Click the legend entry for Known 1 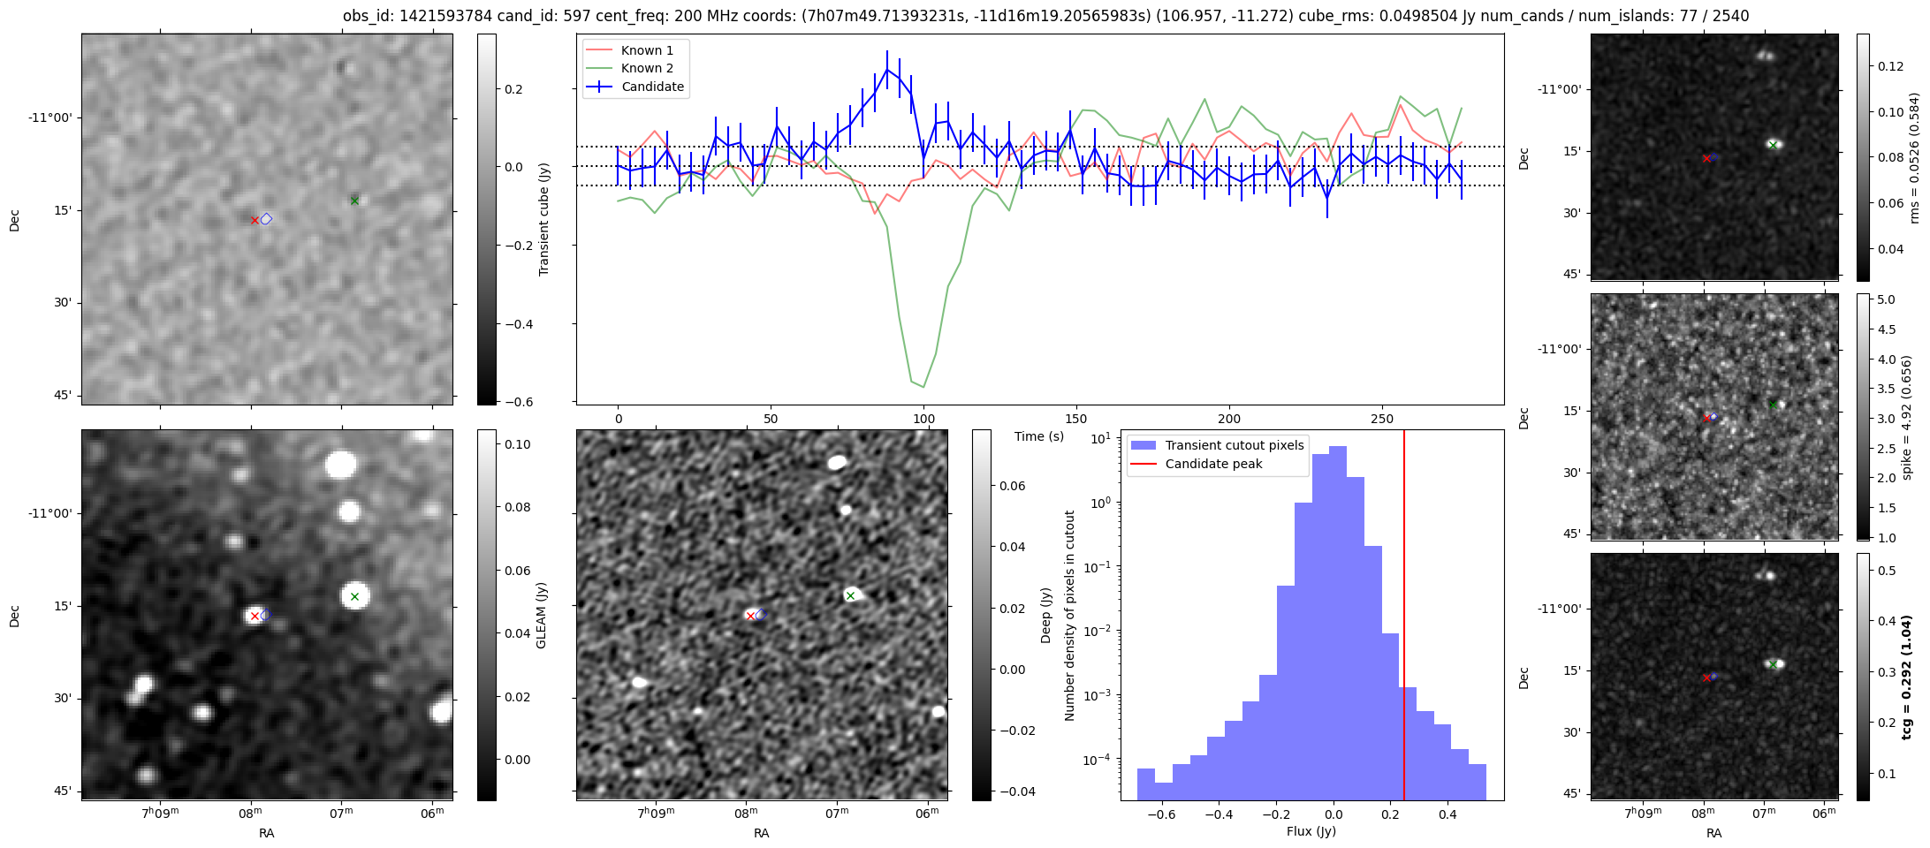click(x=646, y=50)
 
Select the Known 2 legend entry click(x=646, y=68)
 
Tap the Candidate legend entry click(x=652, y=87)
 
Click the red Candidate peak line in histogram click(x=1404, y=618)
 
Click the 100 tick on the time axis click(x=923, y=419)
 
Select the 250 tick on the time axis click(x=1381, y=419)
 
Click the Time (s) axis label click(x=1038, y=436)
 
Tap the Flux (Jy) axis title click(x=1311, y=831)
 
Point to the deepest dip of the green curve click(x=923, y=387)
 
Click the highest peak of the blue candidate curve click(x=886, y=68)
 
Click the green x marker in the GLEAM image click(x=354, y=596)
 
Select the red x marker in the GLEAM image click(x=255, y=616)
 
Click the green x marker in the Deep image click(x=850, y=595)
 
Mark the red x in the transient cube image click(x=255, y=220)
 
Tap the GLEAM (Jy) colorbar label click(x=542, y=615)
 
